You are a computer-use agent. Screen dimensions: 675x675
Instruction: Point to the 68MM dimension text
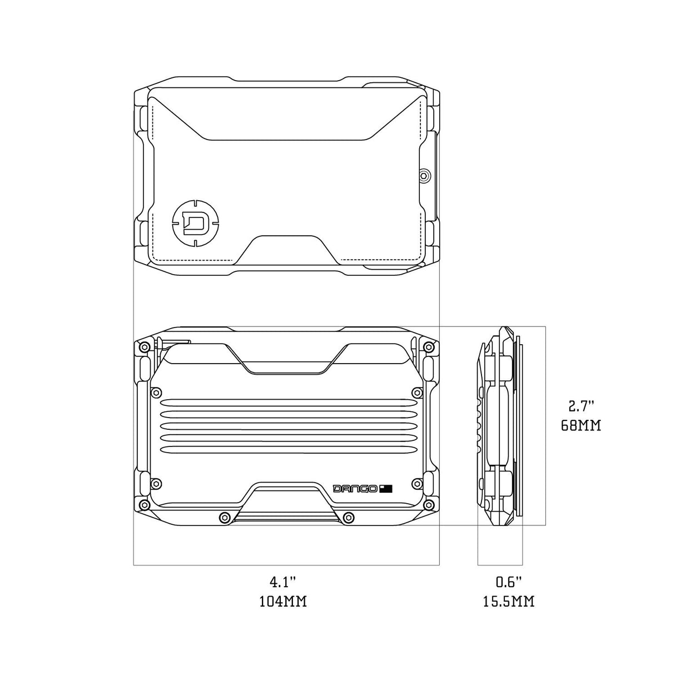coord(581,425)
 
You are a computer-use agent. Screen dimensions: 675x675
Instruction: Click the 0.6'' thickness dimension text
coord(509,582)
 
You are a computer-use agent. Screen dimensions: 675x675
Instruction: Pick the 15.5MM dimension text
coord(509,602)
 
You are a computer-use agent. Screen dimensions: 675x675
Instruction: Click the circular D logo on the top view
coord(195,224)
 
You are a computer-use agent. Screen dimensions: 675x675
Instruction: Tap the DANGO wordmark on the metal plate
coord(355,488)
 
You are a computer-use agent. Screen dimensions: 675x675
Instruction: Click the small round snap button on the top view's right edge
coord(424,176)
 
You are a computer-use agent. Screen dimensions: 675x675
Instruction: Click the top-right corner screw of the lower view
coord(428,348)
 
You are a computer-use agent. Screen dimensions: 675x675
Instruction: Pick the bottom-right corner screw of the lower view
coord(428,505)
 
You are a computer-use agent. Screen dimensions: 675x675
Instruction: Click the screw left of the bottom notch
coord(224,517)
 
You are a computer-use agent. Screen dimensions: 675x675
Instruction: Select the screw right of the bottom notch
coord(349,517)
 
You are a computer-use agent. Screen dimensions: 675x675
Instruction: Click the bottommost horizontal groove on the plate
coord(286,449)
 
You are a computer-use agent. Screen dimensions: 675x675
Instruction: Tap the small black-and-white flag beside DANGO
coord(386,488)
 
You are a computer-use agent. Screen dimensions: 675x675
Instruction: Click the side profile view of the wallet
coord(499,425)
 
